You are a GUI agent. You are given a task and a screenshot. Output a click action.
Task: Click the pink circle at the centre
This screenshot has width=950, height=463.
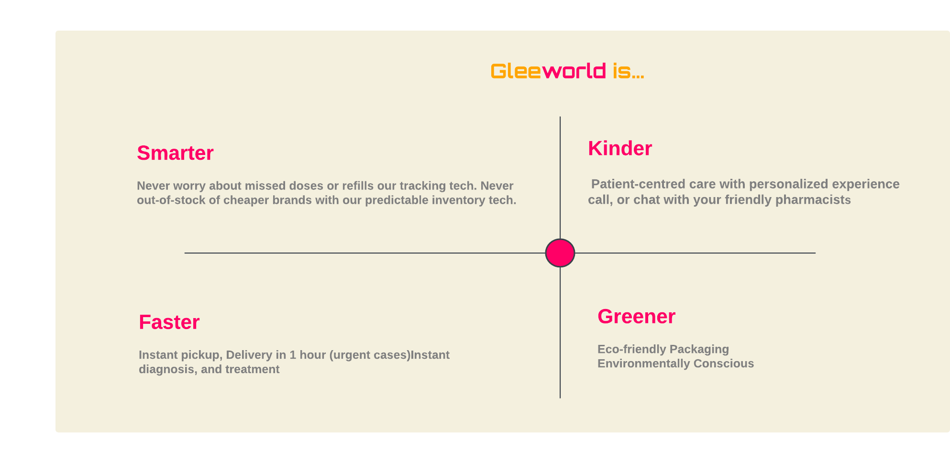click(560, 253)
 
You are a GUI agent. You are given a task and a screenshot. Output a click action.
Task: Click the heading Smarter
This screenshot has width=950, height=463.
click(175, 153)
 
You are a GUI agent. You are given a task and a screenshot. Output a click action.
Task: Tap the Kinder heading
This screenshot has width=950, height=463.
click(620, 148)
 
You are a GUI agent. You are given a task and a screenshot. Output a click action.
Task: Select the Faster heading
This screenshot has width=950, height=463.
click(169, 322)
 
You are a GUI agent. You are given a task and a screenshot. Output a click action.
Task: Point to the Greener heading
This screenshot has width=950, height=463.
click(636, 317)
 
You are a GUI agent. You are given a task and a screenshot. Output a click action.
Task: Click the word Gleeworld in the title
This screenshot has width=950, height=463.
click(549, 71)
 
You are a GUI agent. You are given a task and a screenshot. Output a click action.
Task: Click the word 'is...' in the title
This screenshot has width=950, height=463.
click(628, 71)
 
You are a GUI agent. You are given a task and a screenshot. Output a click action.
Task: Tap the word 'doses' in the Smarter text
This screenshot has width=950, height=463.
click(306, 186)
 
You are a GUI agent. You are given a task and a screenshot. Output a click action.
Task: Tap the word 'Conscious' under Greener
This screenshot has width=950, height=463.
click(724, 364)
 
